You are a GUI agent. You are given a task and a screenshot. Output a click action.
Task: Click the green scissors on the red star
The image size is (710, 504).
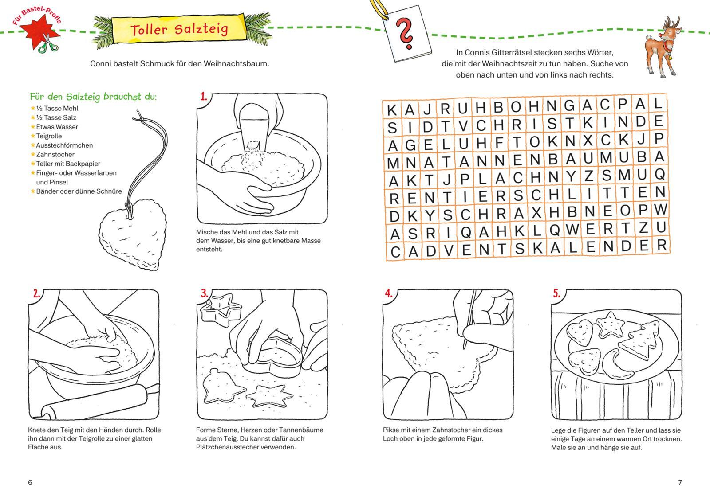[x=48, y=44]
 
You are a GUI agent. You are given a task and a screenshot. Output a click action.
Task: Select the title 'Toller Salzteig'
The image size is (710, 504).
[x=179, y=29]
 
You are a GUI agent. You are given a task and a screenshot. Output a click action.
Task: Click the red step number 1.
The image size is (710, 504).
[x=204, y=97]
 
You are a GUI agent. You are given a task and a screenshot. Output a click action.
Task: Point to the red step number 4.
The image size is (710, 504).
[x=389, y=293]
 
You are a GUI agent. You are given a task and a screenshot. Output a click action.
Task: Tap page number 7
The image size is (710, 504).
[x=680, y=482]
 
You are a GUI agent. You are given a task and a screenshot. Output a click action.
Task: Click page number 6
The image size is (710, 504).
[x=30, y=482]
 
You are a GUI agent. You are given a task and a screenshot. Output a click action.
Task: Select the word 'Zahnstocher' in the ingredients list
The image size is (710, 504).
[x=55, y=155]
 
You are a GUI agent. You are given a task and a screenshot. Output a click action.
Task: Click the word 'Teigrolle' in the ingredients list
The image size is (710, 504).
[x=49, y=136]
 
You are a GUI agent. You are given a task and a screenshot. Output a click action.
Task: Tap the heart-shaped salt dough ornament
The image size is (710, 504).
[x=133, y=234]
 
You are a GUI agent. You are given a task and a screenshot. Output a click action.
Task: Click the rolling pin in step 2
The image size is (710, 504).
[x=95, y=402]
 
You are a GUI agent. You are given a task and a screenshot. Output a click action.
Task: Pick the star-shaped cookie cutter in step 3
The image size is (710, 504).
[x=221, y=309]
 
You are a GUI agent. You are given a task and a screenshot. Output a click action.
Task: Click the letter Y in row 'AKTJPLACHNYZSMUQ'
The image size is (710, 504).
[x=571, y=176]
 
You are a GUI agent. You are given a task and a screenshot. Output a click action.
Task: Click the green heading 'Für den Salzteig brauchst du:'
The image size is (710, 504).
[x=93, y=97]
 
